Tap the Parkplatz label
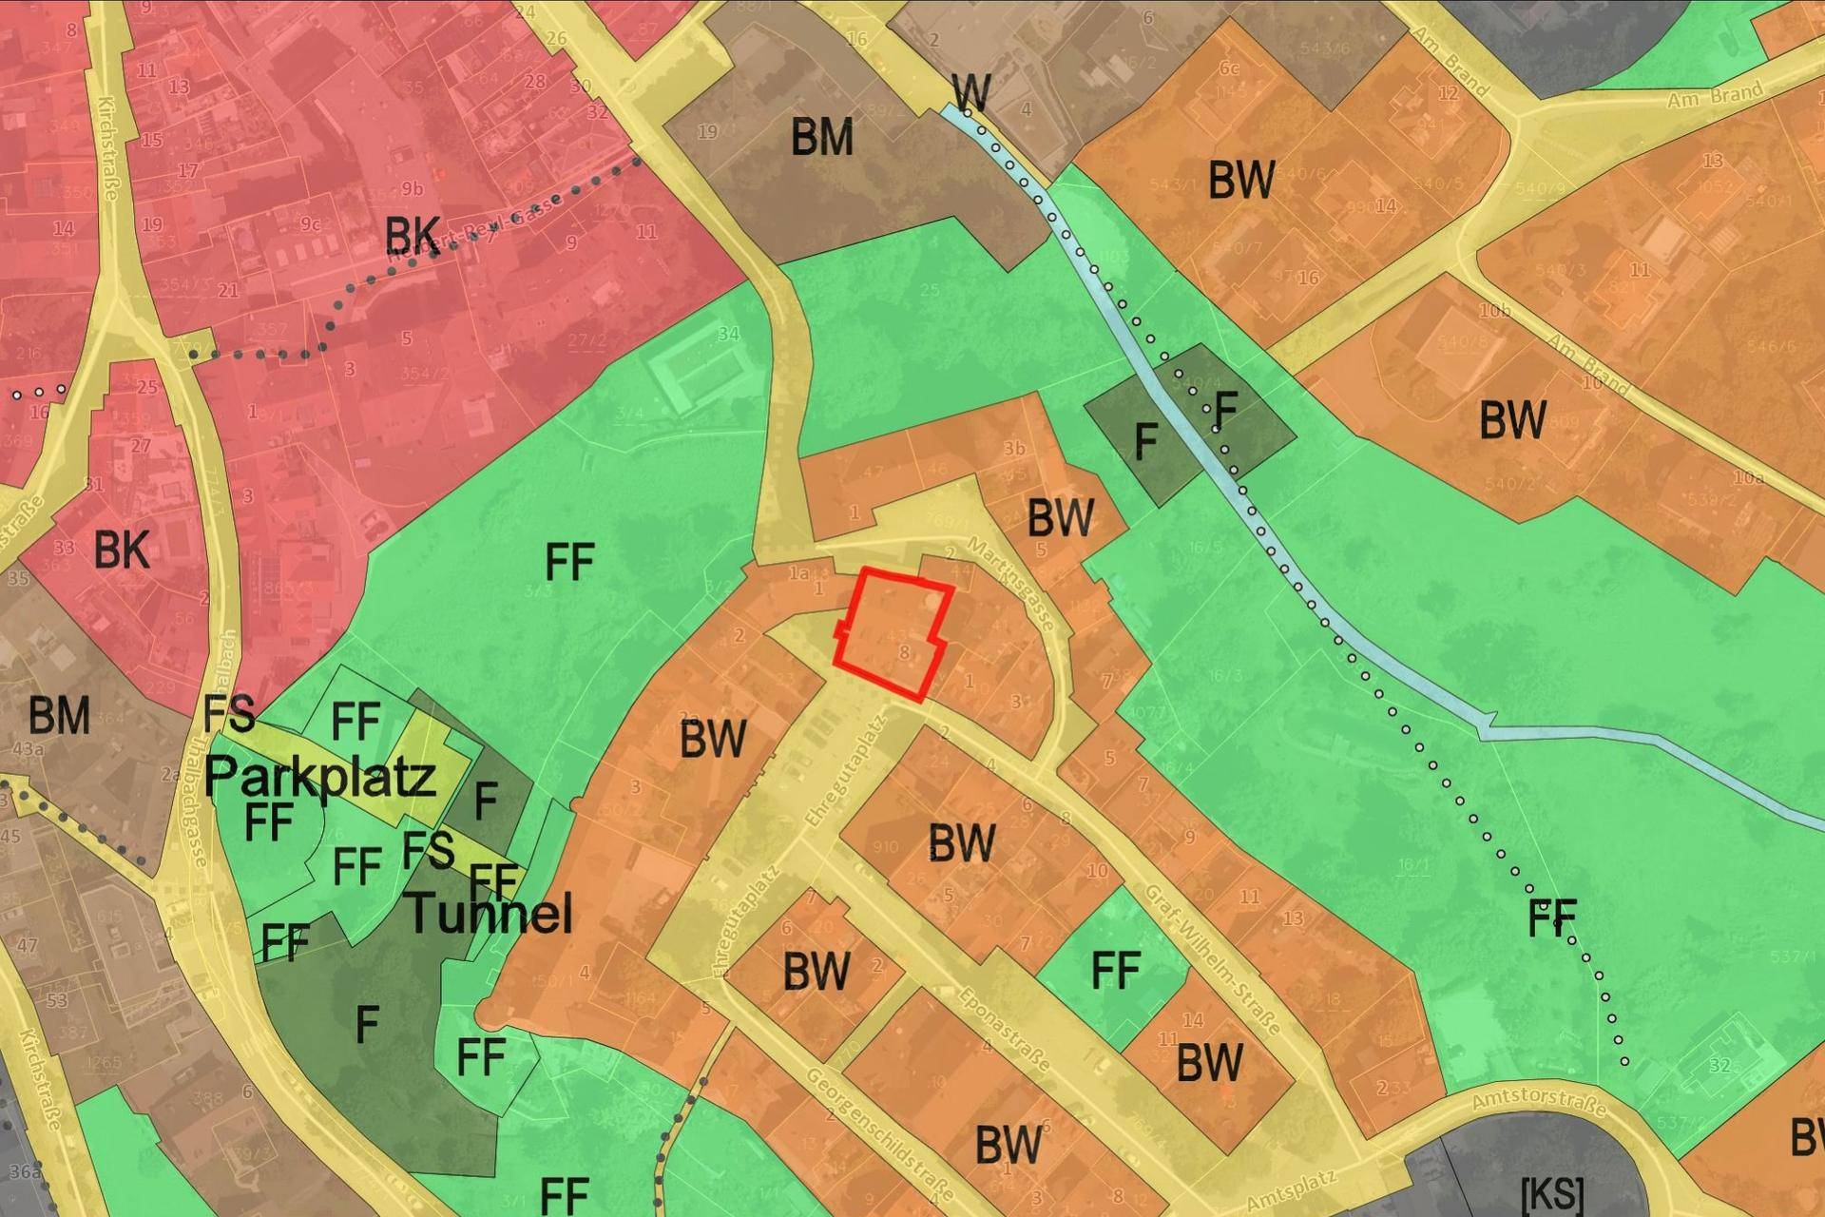[x=320, y=777]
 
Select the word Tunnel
[x=490, y=913]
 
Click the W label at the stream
[x=970, y=92]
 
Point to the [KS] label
[x=1552, y=1193]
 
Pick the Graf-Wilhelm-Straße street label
[x=1212, y=960]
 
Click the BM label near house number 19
[x=822, y=138]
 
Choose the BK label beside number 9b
[x=413, y=233]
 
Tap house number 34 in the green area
[x=729, y=334]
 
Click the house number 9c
[x=310, y=224]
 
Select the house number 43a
[x=28, y=749]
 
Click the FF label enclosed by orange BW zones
[x=1115, y=971]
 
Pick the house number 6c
[x=1229, y=68]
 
